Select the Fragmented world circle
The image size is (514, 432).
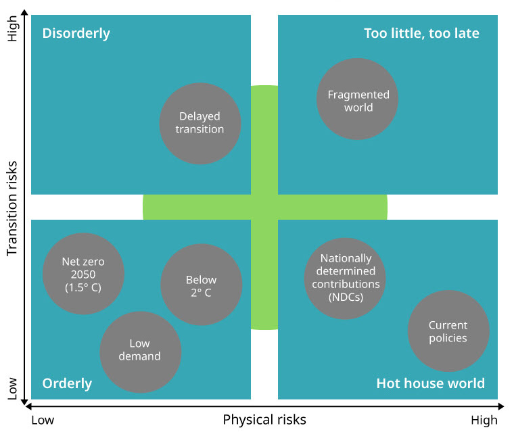click(358, 99)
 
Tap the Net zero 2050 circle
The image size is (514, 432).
click(83, 274)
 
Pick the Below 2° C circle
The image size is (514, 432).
click(201, 285)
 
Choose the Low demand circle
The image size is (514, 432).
click(140, 351)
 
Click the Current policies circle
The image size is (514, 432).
click(448, 331)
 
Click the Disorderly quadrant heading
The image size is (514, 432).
click(76, 33)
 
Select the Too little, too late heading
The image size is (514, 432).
click(421, 33)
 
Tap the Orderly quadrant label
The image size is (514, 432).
click(67, 383)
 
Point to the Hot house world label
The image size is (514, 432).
click(430, 383)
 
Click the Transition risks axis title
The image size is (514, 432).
click(11, 212)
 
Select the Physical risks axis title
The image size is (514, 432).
click(264, 420)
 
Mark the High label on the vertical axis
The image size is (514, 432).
click(11, 29)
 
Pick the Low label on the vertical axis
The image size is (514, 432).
click(11, 388)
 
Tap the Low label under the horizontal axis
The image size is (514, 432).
click(43, 421)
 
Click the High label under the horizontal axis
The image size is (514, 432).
click(484, 421)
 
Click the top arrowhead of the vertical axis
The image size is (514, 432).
click(24, 14)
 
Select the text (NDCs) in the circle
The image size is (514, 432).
click(346, 296)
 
